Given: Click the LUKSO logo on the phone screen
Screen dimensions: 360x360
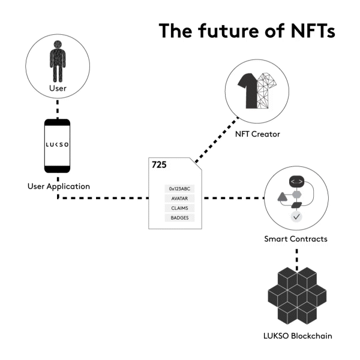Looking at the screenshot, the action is click(x=58, y=145).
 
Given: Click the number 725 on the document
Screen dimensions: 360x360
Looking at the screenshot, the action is click(x=159, y=164).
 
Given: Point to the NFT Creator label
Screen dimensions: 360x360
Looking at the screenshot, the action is click(x=257, y=133).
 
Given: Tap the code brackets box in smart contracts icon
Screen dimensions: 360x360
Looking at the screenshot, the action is click(x=296, y=181).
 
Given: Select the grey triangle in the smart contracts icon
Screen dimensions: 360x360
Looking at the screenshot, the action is click(x=282, y=196).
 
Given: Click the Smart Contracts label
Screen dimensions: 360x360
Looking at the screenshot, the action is click(x=296, y=239).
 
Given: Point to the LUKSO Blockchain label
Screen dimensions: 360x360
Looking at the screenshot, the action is click(x=296, y=336).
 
